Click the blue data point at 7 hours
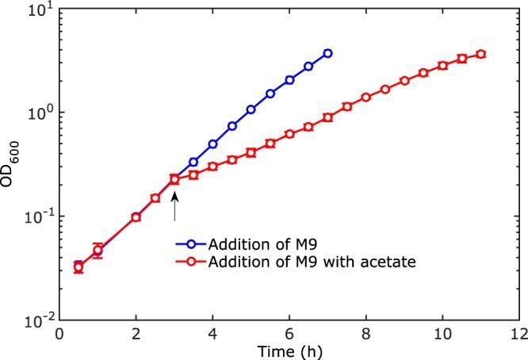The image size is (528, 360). coord(327,53)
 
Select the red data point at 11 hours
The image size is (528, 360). coord(480,54)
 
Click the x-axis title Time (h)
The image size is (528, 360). coord(289,349)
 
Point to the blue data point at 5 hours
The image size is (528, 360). coord(251,109)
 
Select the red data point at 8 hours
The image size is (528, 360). coord(365,98)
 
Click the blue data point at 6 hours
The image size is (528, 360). coord(289,80)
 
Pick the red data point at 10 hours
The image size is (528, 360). coord(442,65)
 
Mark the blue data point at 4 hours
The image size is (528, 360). coord(212,144)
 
